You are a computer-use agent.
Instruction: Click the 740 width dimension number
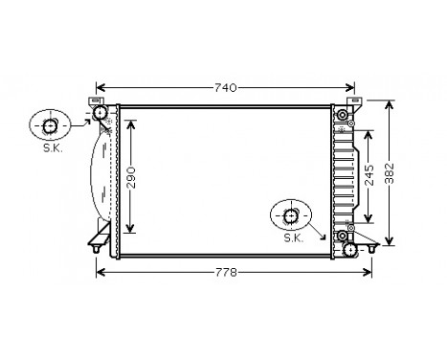click(224, 88)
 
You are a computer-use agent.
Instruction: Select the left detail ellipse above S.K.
click(51, 125)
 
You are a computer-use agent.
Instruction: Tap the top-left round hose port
click(100, 114)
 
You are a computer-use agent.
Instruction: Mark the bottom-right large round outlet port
click(350, 249)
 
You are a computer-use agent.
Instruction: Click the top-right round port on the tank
click(342, 116)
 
